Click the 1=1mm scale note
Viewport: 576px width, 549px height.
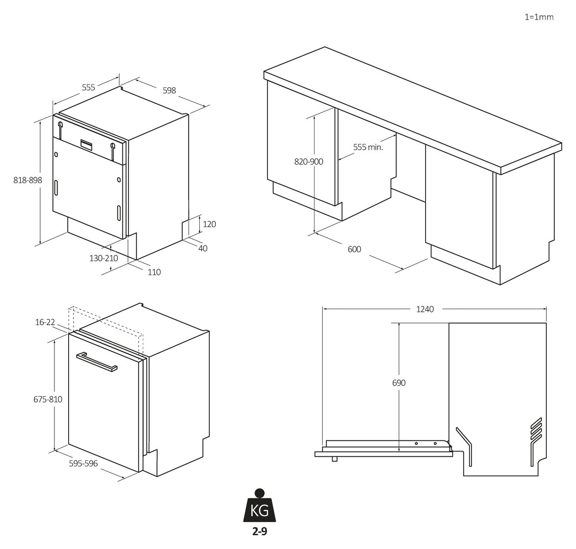click(x=539, y=17)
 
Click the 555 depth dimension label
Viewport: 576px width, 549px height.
click(x=88, y=87)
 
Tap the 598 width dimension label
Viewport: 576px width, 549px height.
click(x=169, y=90)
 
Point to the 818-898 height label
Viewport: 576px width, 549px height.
click(x=28, y=180)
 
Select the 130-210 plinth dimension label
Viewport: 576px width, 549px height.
click(x=104, y=258)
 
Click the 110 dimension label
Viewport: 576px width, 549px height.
click(x=154, y=272)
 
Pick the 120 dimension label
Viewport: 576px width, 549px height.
click(x=209, y=224)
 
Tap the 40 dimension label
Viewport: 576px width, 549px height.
click(x=203, y=248)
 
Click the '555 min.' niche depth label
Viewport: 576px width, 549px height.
click(x=368, y=147)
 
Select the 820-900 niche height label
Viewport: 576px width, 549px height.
click(x=309, y=162)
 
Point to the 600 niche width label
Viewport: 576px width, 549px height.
click(x=354, y=249)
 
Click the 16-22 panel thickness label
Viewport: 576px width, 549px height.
click(x=45, y=322)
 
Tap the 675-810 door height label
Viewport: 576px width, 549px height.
click(x=48, y=399)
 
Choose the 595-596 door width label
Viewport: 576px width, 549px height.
click(x=83, y=464)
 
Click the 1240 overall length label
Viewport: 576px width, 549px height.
click(x=425, y=309)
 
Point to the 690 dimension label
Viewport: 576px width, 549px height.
click(x=399, y=383)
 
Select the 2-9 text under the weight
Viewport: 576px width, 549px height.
click(x=260, y=532)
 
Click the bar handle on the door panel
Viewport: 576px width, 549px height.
click(x=96, y=362)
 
